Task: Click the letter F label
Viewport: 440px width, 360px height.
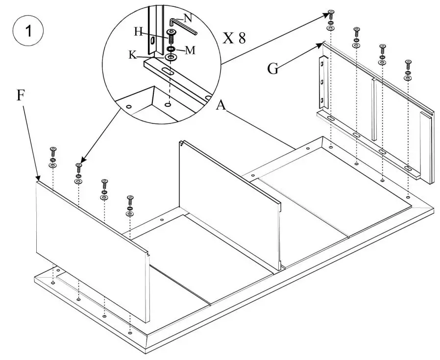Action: tap(20, 96)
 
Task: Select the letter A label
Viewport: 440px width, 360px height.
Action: tap(221, 105)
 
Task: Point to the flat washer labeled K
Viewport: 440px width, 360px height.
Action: tap(171, 58)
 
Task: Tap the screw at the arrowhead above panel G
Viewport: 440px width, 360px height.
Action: tap(331, 13)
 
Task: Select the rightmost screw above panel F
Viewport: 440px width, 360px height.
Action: tap(130, 199)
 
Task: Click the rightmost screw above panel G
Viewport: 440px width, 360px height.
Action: tap(408, 64)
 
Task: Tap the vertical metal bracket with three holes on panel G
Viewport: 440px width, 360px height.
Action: tap(322, 82)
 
